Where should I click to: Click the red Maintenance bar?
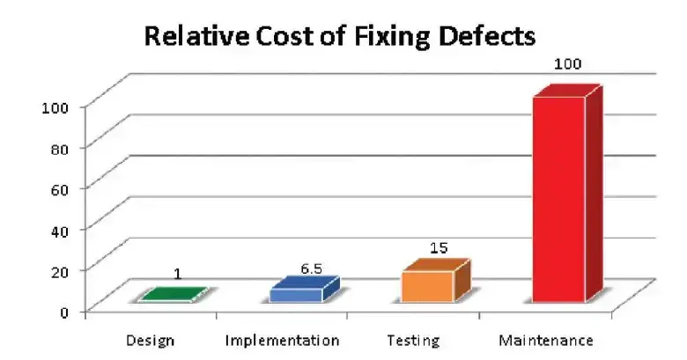[558, 198]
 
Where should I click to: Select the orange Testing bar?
[427, 287]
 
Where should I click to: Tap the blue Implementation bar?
[296, 294]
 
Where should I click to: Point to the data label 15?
[439, 249]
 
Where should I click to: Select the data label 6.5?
[310, 268]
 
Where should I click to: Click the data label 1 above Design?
[177, 274]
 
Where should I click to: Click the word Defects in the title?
[487, 37]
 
